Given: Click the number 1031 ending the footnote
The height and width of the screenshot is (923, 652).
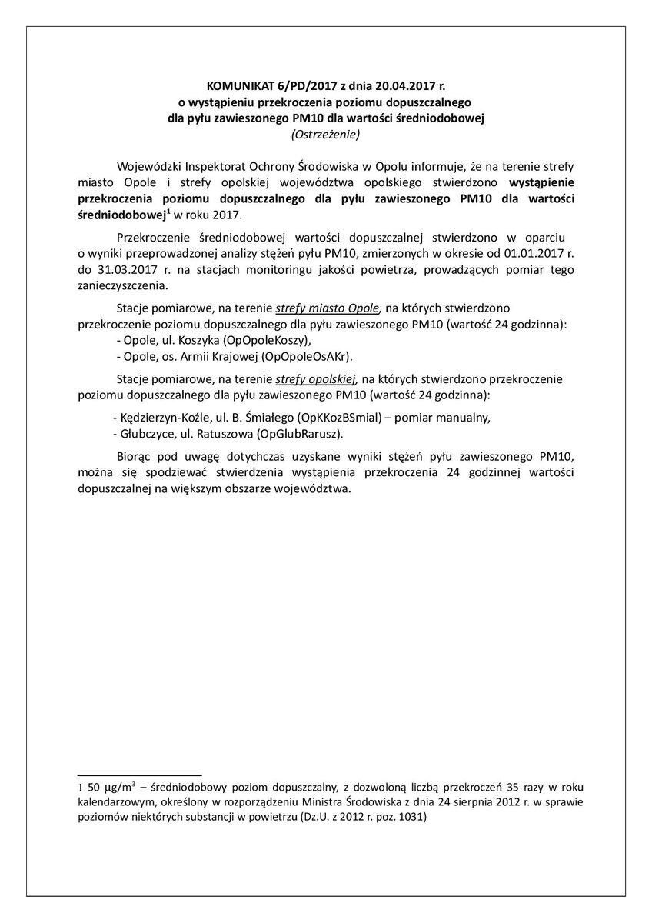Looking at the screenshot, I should [408, 818].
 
